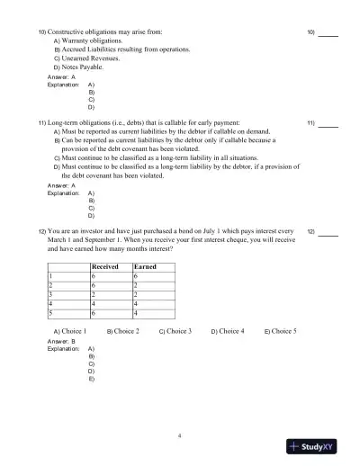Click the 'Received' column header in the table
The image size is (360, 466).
[105, 267]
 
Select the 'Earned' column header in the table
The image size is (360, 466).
[144, 267]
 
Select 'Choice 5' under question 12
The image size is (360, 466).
[283, 332]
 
